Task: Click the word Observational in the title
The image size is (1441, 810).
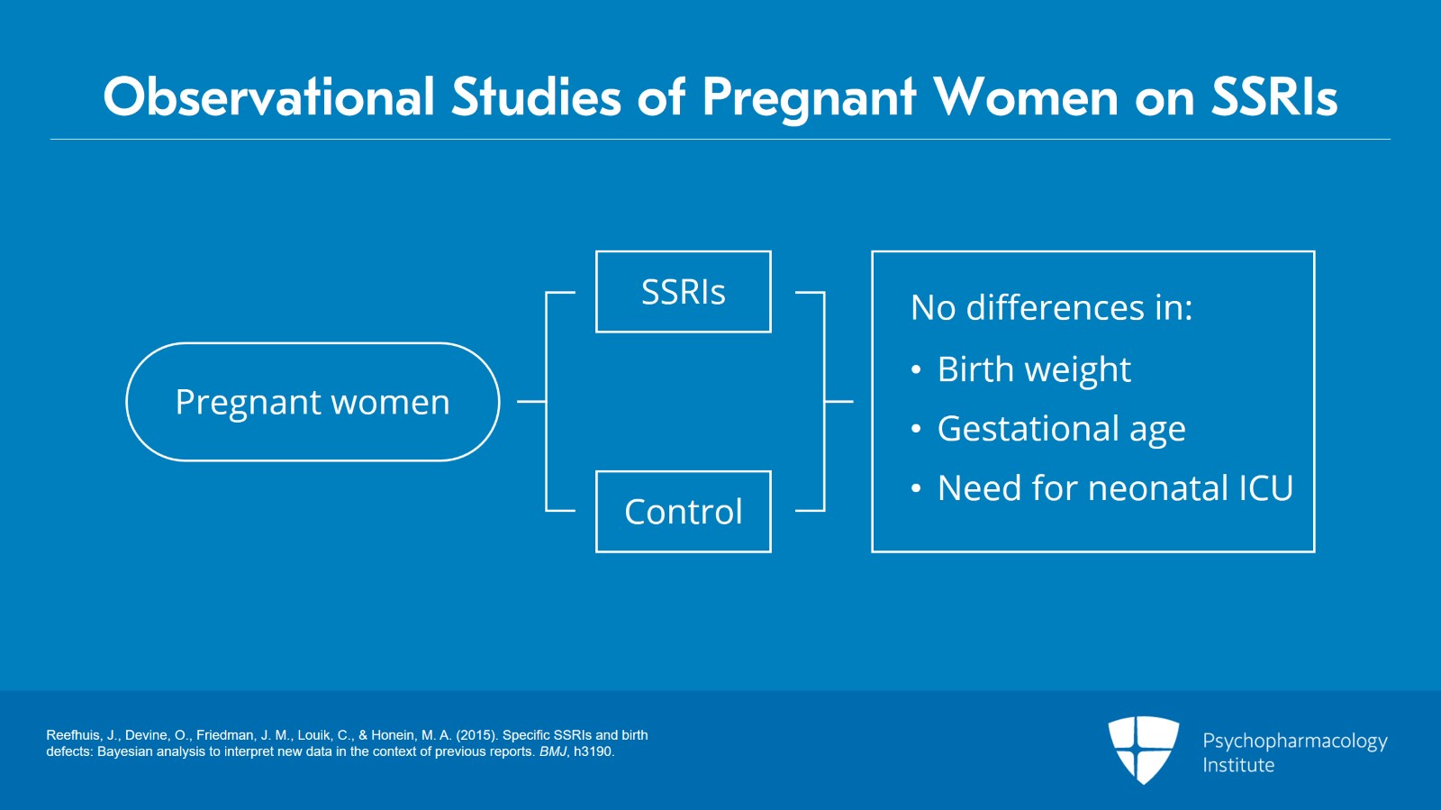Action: pos(268,97)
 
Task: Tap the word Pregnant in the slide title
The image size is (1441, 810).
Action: pos(809,97)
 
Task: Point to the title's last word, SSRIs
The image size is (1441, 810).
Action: pos(1273,97)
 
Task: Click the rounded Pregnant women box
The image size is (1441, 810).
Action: pos(313,402)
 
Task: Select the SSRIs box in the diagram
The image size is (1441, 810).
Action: pos(683,292)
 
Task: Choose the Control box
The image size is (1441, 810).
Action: pos(683,512)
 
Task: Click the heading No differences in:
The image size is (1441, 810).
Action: pos(1051,308)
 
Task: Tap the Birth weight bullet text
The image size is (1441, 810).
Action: pos(1034,369)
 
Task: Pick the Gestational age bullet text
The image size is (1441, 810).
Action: pos(1061,429)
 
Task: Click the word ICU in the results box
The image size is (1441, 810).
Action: pos(1265,488)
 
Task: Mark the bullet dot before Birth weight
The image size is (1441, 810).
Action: pos(916,370)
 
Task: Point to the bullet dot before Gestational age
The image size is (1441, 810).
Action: pos(916,430)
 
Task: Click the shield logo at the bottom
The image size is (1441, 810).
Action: pos(1143,749)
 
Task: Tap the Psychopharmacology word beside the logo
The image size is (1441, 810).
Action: pos(1294,741)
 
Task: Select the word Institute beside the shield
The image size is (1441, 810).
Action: pos(1238,765)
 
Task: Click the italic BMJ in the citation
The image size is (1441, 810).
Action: pos(553,751)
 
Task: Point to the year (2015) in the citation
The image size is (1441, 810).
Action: pos(476,735)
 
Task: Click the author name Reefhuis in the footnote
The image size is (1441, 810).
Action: pos(73,735)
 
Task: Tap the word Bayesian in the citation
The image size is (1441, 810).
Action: pos(125,751)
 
